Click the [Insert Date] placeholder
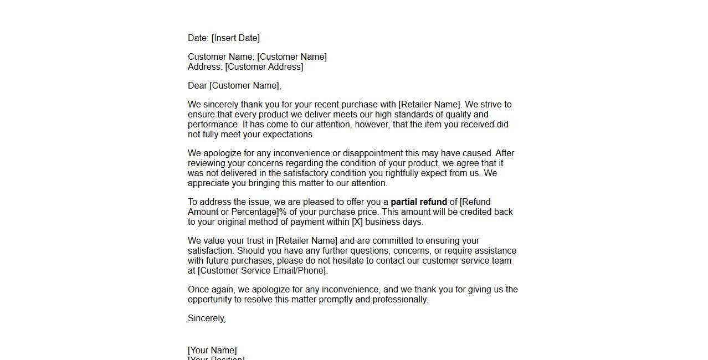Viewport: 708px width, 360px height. click(235, 38)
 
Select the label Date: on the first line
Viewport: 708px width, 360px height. click(198, 38)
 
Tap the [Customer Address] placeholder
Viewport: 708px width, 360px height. click(264, 67)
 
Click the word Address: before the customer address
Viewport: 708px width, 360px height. click(205, 67)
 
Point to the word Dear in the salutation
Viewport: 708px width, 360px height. click(197, 86)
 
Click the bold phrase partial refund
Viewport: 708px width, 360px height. click(419, 202)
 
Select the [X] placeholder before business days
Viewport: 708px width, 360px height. click(357, 222)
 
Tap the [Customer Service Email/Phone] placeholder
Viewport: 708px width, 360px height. click(262, 271)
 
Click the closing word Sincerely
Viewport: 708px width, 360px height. click(206, 318)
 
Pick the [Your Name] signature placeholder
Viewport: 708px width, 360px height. click(212, 351)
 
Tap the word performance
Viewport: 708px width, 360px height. click(213, 125)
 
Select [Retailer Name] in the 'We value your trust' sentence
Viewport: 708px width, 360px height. click(306, 241)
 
